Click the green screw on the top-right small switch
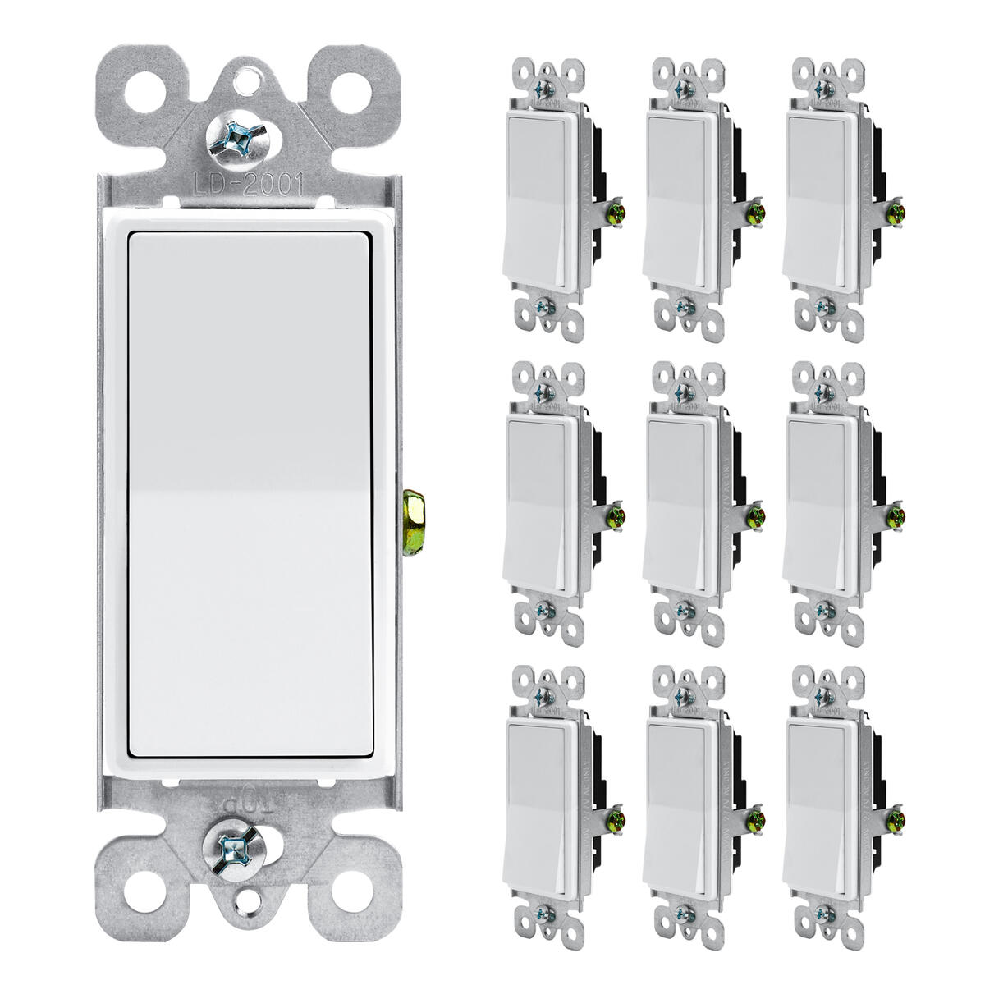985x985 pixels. (896, 212)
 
